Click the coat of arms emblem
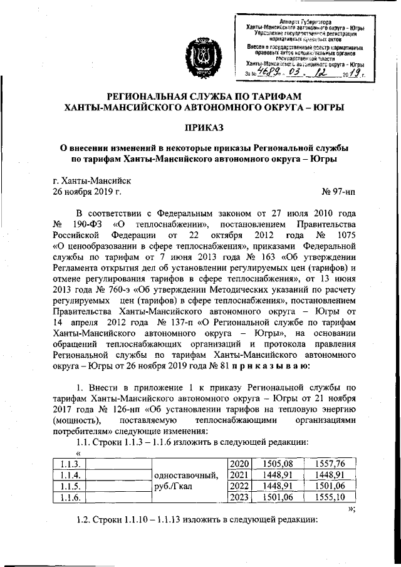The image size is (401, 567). [200, 58]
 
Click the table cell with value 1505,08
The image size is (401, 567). [277, 464]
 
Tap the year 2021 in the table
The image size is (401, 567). [240, 475]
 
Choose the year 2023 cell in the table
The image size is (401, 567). [240, 497]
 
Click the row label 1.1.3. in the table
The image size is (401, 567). [65, 464]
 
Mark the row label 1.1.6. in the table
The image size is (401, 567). [65, 497]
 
